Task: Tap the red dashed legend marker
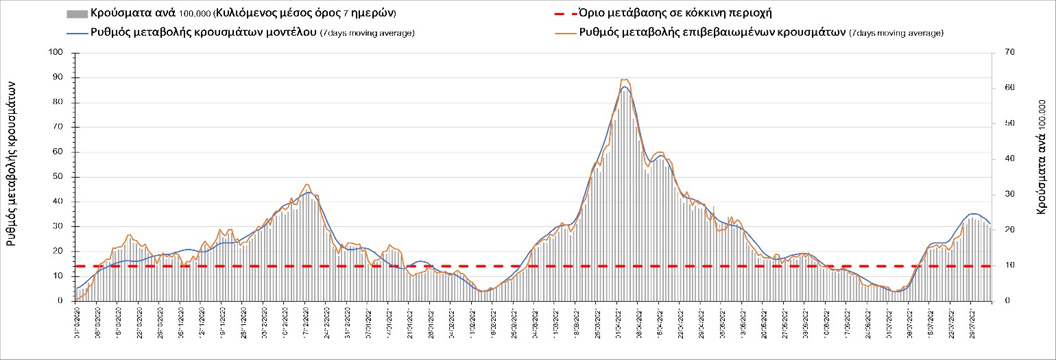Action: pos(564,14)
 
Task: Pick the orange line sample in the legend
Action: pos(564,32)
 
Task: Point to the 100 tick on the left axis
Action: pos(57,53)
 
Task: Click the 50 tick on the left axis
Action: pos(59,177)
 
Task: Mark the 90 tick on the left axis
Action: pos(59,77)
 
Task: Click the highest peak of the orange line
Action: pos(623,80)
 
